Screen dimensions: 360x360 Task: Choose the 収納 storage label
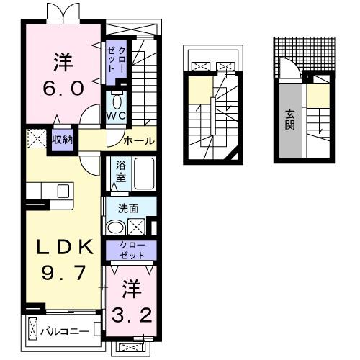(62, 138)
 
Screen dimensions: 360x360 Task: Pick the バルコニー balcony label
(64, 331)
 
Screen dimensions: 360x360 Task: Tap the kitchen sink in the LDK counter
(62, 191)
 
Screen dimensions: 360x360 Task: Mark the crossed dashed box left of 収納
(35, 138)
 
